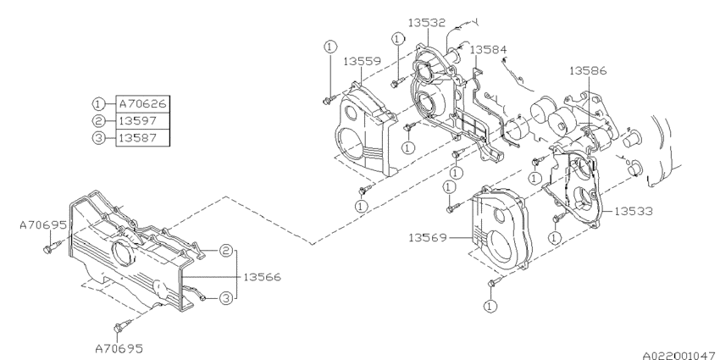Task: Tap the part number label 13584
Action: pos(488,51)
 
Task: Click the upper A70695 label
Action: pos(42,226)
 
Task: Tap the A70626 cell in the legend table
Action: pos(141,103)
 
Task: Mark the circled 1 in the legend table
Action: pos(99,103)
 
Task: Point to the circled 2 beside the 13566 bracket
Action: pos(226,251)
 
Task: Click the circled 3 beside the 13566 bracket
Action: pos(226,297)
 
